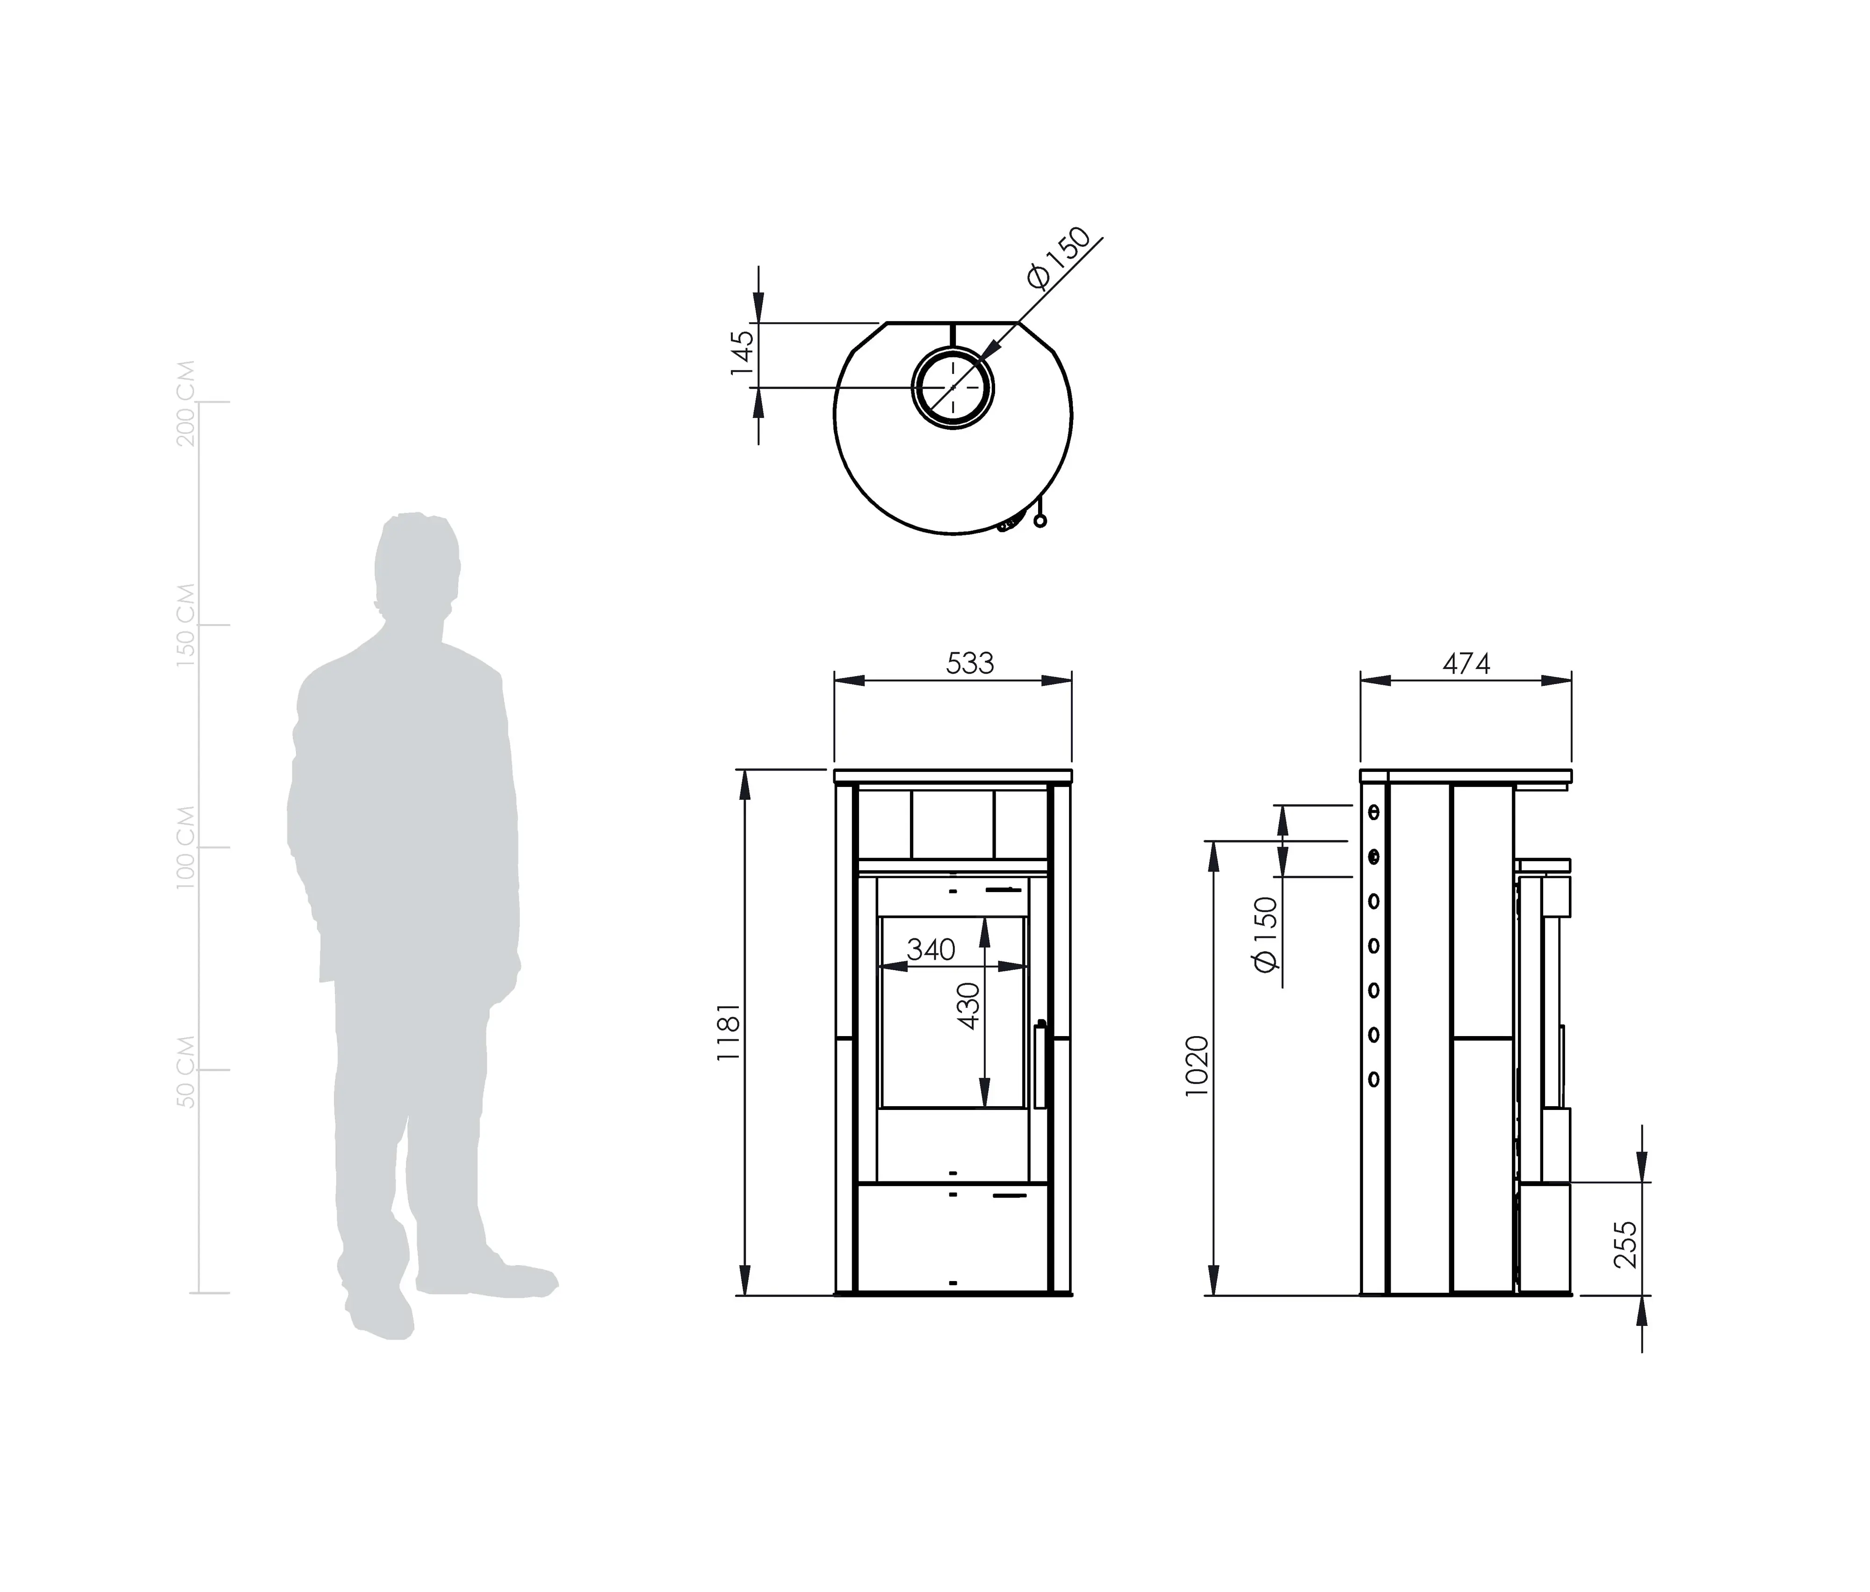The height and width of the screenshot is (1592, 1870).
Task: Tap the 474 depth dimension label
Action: (1466, 663)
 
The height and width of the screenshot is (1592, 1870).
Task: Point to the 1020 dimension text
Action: (1197, 1066)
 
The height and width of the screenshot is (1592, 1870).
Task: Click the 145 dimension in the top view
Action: (741, 353)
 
